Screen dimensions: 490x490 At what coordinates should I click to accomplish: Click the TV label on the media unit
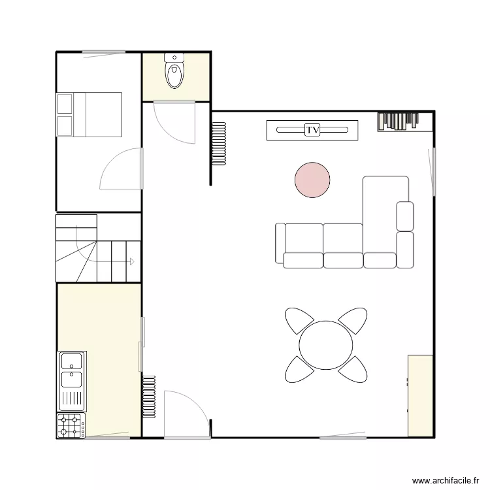pos(313,130)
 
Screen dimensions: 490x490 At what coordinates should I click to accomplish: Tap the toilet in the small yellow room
pos(174,73)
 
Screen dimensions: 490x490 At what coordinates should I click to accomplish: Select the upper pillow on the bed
pos(65,104)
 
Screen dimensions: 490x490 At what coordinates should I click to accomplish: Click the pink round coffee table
pos(312,180)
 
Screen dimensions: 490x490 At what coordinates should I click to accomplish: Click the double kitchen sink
pos(72,370)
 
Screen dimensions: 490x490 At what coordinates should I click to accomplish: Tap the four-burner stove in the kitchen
pos(71,426)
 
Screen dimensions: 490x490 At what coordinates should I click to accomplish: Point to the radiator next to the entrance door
pos(149,392)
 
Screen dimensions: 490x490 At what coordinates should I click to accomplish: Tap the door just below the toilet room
pos(174,123)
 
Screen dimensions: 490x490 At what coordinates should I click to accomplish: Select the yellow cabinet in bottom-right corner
pos(420,396)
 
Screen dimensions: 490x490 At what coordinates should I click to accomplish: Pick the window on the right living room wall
pos(432,171)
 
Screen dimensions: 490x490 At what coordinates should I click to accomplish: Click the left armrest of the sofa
pos(280,243)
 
